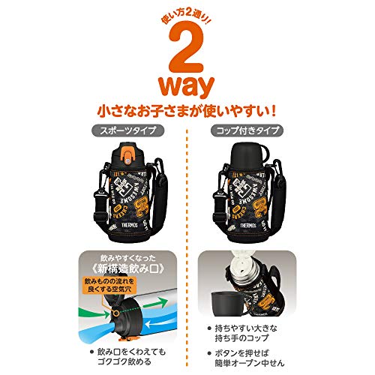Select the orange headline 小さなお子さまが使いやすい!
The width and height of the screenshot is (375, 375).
click(x=187, y=110)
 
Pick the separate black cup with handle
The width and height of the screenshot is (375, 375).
click(x=225, y=300)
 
